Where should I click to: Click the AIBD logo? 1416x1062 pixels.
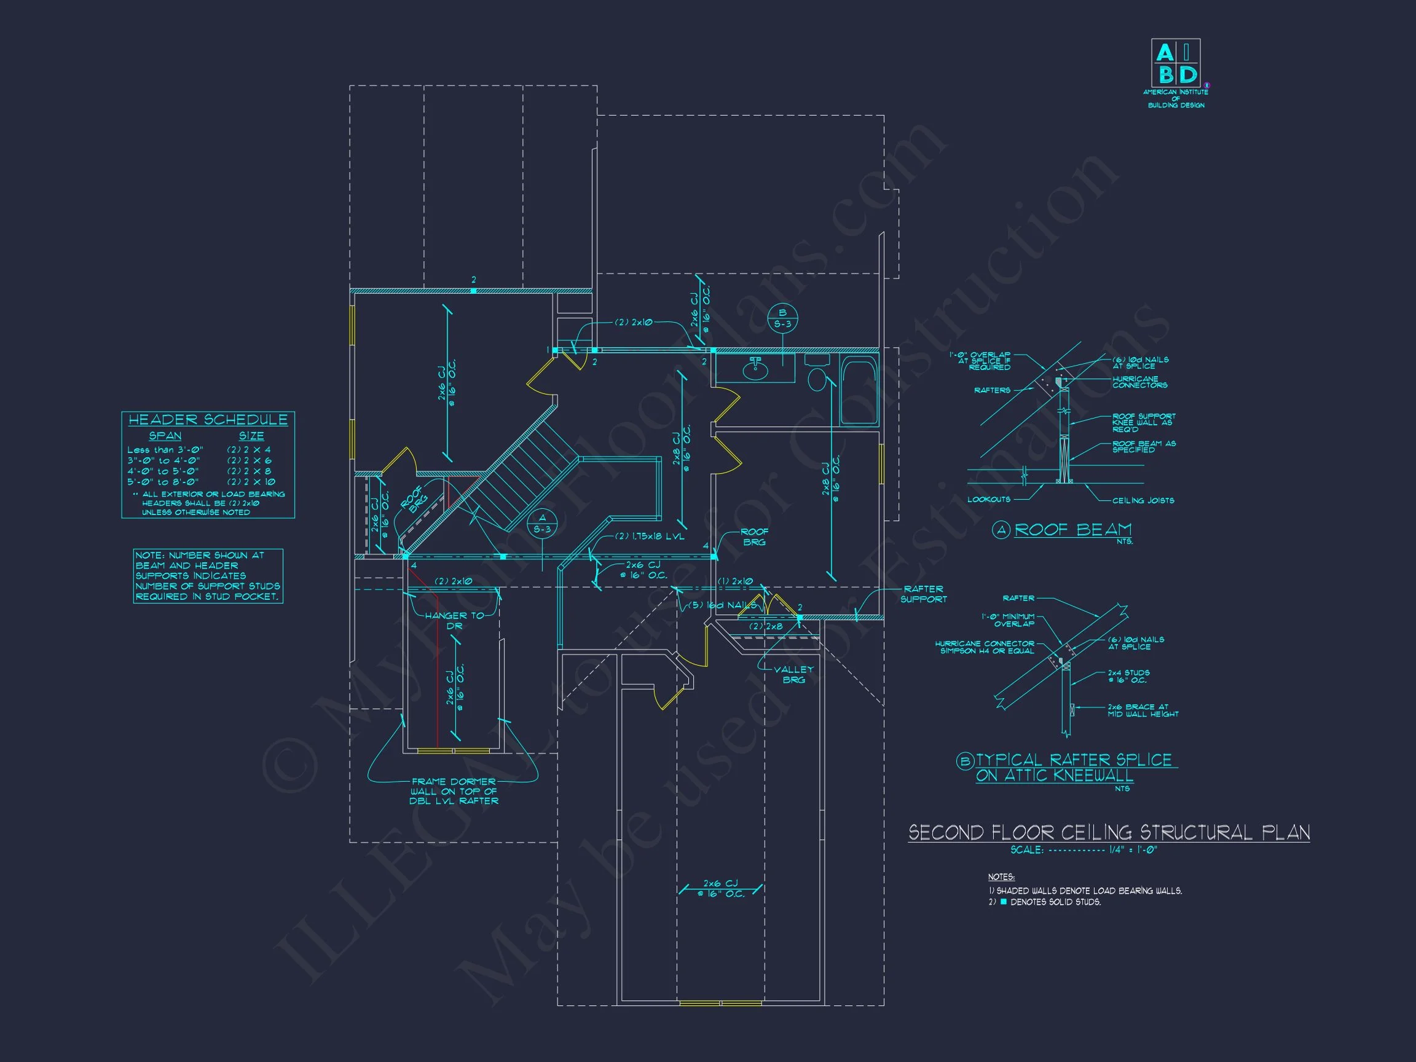point(1175,63)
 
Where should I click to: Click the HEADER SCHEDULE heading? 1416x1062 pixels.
point(208,420)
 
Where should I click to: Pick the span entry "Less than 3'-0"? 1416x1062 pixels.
point(165,450)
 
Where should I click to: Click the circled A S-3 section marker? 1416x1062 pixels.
point(542,523)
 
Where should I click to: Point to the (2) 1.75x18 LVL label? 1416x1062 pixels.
point(650,537)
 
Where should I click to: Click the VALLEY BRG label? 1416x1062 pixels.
point(794,674)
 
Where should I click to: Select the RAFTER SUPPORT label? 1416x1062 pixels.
point(923,594)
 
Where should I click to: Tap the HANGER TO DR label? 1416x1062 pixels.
point(455,620)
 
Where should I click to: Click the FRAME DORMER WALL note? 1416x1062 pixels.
point(454,791)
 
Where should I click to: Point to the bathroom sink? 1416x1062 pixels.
point(756,369)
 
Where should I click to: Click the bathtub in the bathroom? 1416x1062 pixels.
point(859,390)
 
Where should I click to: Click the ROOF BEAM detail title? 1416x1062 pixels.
point(1073,530)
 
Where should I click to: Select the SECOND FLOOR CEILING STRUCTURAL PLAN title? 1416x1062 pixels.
point(1109,833)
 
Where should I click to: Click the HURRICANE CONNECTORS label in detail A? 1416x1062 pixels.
point(1139,382)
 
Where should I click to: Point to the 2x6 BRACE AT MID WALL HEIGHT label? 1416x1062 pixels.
point(1143,710)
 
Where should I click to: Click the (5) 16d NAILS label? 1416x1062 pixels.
point(722,605)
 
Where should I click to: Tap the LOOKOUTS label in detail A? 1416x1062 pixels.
point(988,499)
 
